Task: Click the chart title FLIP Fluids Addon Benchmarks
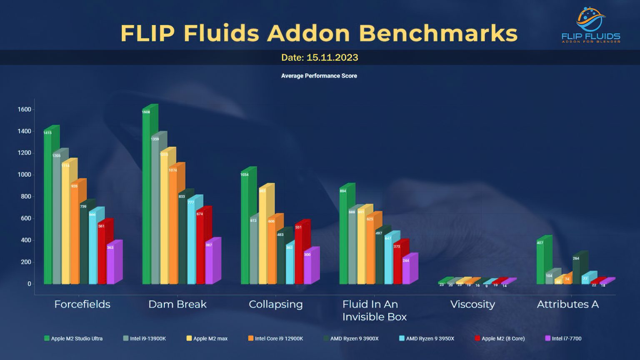click(x=319, y=33)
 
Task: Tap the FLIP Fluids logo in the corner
click(x=591, y=25)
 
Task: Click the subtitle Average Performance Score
click(x=319, y=76)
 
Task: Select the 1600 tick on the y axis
click(x=24, y=110)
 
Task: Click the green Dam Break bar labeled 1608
click(x=146, y=196)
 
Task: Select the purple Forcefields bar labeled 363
click(x=110, y=265)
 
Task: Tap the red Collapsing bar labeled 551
click(x=299, y=254)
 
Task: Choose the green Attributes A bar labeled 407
click(x=540, y=262)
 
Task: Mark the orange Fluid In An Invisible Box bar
click(x=370, y=250)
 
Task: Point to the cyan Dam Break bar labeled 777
click(x=191, y=242)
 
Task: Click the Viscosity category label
click(x=472, y=305)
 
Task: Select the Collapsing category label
click(x=275, y=305)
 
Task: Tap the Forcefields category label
click(x=82, y=305)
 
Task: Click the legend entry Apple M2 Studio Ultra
click(x=74, y=339)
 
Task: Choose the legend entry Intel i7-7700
click(x=563, y=339)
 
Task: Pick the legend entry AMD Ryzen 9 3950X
click(x=427, y=339)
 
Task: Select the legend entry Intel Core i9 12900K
click(x=276, y=339)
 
